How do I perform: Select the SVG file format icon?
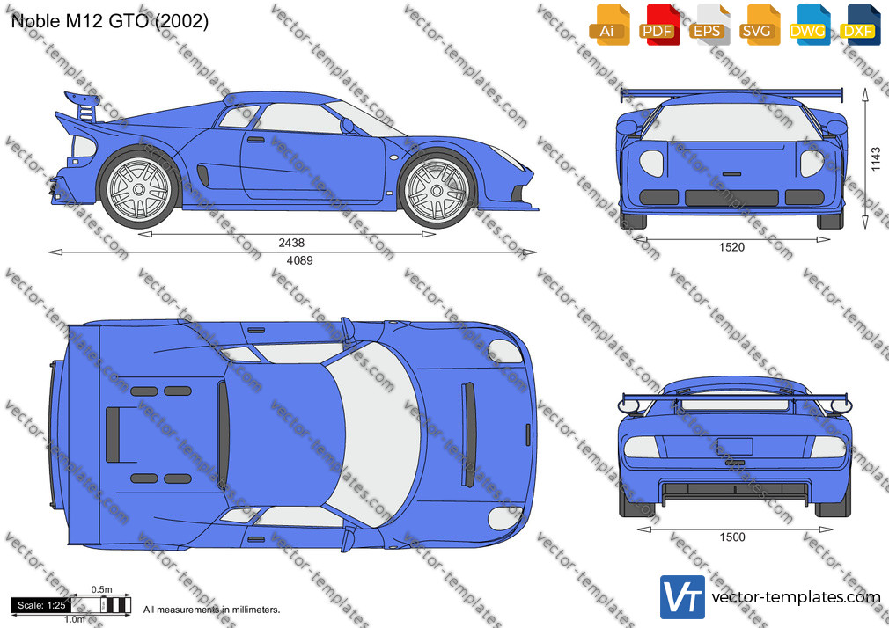759,25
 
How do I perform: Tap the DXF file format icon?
860,25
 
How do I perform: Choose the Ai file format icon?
609,25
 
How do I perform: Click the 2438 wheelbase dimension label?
291,243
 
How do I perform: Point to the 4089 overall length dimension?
299,260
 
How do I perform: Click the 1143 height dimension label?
877,159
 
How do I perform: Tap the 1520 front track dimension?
731,247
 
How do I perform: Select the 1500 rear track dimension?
732,537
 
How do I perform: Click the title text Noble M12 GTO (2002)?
110,21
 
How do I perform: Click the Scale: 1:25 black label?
40,605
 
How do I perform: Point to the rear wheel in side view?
138,187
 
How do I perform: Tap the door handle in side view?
256,140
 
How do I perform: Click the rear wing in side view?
84,106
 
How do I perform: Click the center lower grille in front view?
731,198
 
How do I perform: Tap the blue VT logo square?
682,597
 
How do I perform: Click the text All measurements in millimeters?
211,610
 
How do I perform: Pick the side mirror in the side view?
347,125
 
